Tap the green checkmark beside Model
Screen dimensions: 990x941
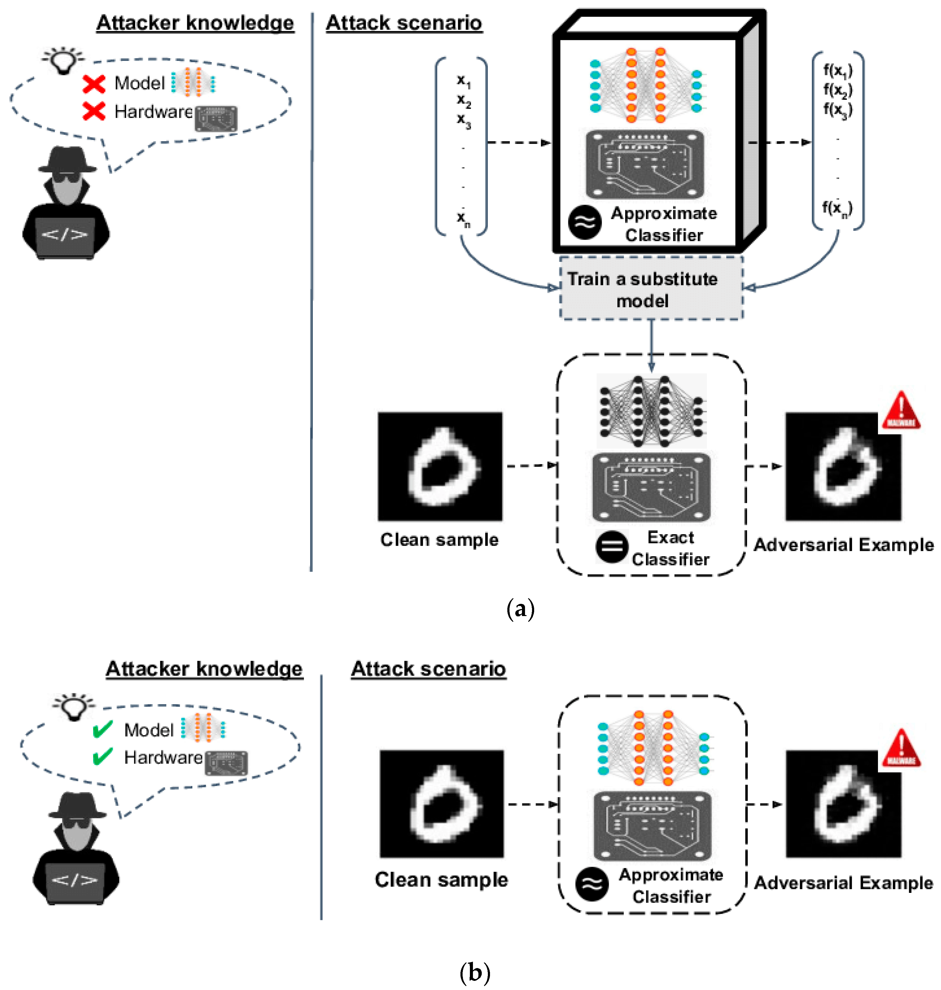pyautogui.click(x=103, y=730)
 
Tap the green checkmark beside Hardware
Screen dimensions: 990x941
pyautogui.click(x=103, y=757)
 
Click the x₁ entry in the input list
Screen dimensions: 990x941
pyautogui.click(x=463, y=80)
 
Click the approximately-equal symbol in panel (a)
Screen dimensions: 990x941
pyautogui.click(x=584, y=222)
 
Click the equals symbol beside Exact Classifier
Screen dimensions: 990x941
pyautogui.click(x=611, y=547)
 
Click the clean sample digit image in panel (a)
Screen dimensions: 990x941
pyautogui.click(x=440, y=467)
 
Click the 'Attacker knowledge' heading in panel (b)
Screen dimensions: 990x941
pyautogui.click(x=204, y=668)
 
